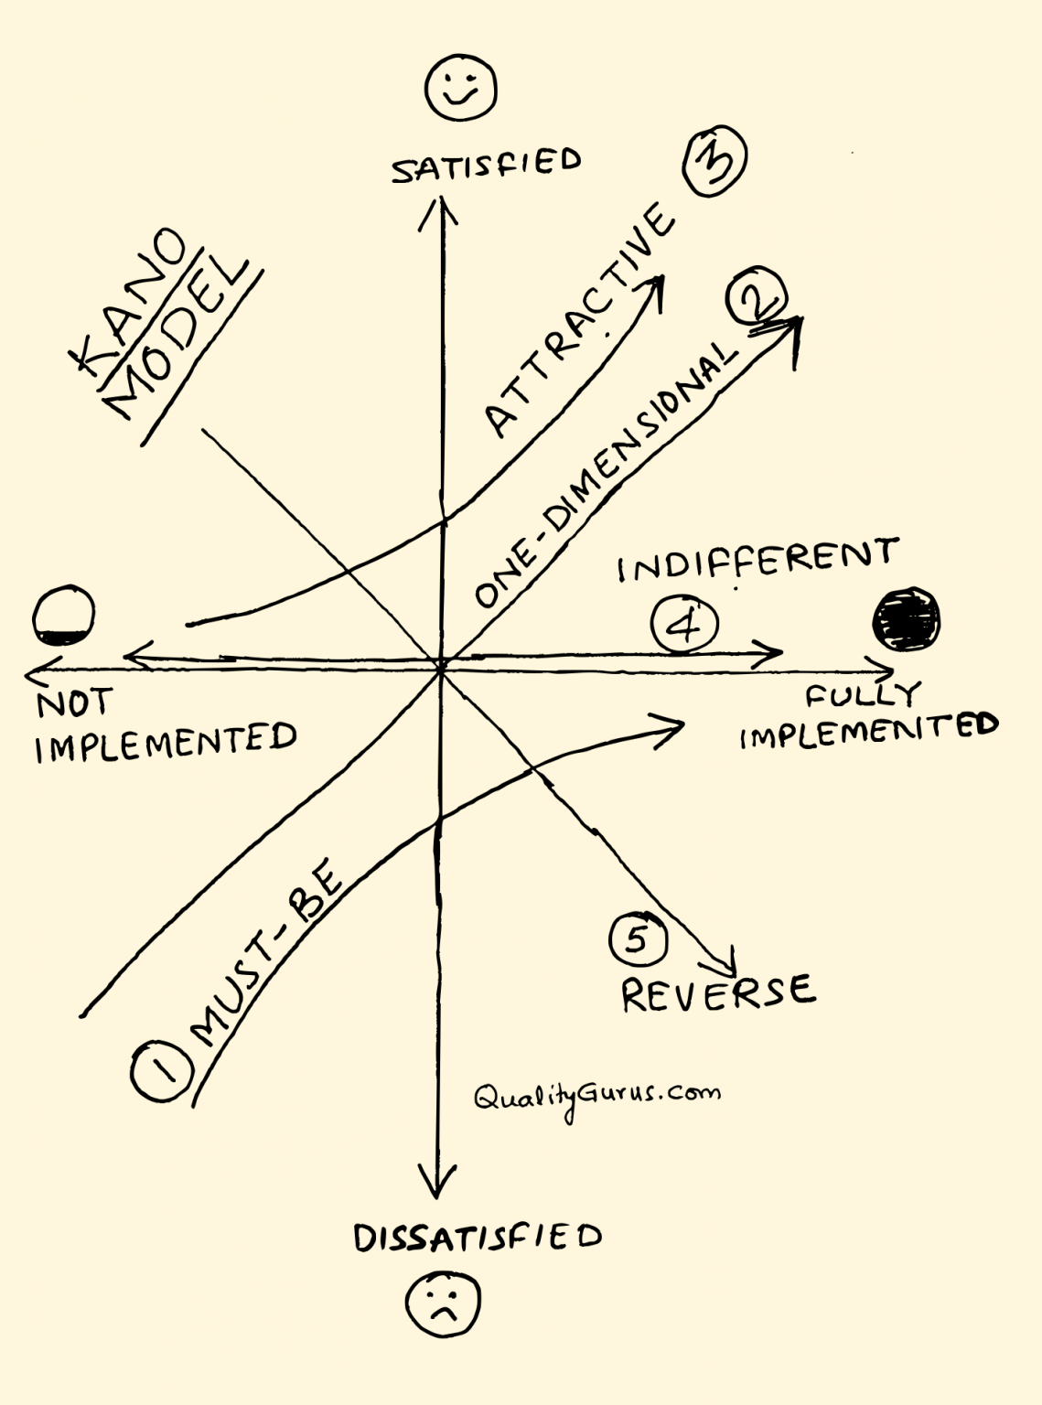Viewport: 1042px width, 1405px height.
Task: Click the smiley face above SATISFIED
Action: click(460, 88)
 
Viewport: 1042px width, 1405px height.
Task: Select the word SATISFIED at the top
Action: click(486, 166)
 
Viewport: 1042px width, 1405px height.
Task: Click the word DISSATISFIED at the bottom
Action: click(478, 1238)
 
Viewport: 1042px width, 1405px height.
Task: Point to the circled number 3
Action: click(715, 161)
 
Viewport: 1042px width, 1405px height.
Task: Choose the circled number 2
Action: click(756, 297)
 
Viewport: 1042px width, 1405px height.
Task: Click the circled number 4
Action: click(684, 626)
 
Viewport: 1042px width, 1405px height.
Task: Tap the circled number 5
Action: click(638, 939)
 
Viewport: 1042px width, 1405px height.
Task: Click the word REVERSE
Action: click(717, 992)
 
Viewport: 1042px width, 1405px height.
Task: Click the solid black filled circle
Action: click(906, 621)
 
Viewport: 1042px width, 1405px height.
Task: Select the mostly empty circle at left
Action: click(62, 617)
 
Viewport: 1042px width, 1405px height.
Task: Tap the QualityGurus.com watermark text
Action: click(596, 1097)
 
